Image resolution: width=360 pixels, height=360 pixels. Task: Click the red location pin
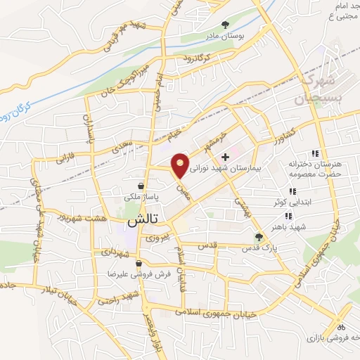[181, 165]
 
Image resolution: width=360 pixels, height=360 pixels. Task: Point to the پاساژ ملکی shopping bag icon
[142, 186]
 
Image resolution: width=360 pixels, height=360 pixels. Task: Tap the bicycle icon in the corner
[342, 326]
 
